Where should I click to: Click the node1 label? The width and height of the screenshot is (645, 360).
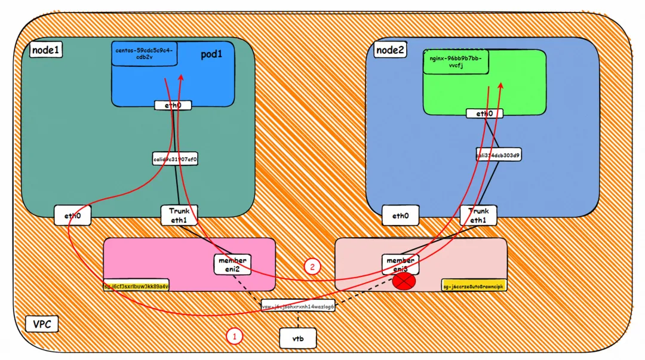tap(45, 50)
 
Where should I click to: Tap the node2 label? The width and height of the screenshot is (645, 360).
tap(391, 50)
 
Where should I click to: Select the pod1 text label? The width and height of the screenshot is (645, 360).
tap(211, 54)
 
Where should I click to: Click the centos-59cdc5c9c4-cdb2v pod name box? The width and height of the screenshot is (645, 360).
tap(145, 54)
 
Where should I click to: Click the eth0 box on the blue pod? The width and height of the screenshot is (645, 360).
tap(173, 106)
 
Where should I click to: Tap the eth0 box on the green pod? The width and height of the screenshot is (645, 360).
tap(484, 113)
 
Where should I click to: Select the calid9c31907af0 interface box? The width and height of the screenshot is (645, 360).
tap(176, 159)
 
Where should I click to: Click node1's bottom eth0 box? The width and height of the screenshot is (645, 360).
tap(72, 215)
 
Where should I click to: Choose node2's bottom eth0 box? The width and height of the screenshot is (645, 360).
tap(401, 216)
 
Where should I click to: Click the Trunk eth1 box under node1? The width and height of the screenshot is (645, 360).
tap(179, 215)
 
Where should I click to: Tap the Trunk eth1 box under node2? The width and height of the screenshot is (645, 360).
tap(478, 215)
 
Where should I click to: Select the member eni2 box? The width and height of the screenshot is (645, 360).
tap(232, 264)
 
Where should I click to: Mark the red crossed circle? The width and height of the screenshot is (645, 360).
tap(404, 281)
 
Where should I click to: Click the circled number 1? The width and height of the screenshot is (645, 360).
tap(234, 337)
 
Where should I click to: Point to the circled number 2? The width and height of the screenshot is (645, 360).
tap(312, 266)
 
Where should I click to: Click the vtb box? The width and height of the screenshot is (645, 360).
tap(297, 339)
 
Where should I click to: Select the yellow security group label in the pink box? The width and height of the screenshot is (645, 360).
tap(137, 285)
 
